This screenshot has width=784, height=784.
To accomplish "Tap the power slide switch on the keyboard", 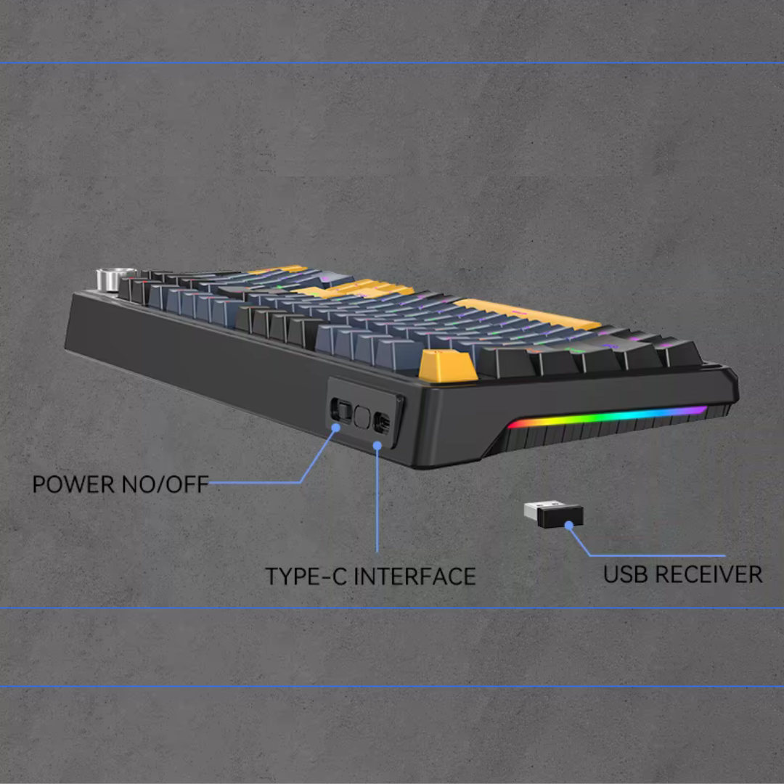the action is (x=341, y=410).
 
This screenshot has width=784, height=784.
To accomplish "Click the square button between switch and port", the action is (x=362, y=417).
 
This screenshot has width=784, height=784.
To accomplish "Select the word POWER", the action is (x=73, y=484).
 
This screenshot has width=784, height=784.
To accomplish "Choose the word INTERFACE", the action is (x=415, y=576).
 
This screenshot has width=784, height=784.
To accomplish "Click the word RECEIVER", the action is (x=709, y=574).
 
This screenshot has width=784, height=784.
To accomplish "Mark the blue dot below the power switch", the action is (x=336, y=428).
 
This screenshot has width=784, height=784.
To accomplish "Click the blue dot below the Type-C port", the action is (x=377, y=445).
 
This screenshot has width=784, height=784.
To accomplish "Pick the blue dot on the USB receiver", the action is (x=568, y=525).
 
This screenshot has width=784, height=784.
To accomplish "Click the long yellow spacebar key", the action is (x=528, y=313).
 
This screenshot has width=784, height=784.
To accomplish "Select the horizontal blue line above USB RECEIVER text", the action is (x=658, y=555).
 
